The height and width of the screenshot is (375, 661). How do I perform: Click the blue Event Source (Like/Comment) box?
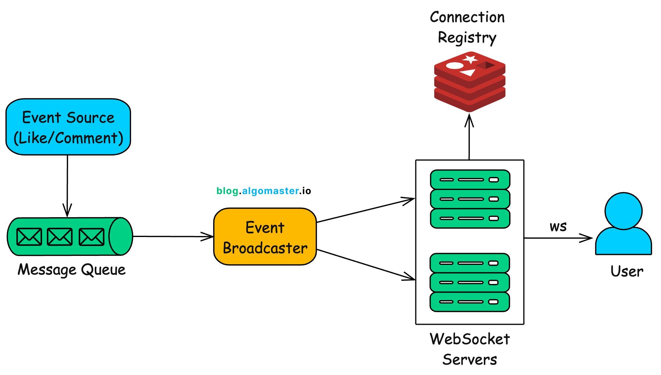coord(68,127)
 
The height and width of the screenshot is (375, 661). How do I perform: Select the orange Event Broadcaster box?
coord(265,237)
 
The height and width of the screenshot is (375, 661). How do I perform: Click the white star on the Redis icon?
coord(471,59)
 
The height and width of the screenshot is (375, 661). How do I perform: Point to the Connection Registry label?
coord(467,27)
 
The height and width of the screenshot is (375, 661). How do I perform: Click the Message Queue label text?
coord(72,270)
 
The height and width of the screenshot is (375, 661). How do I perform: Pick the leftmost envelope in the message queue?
coord(29,237)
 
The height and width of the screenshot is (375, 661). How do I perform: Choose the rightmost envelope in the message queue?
coord(91,237)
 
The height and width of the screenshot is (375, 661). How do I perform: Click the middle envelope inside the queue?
coord(60,237)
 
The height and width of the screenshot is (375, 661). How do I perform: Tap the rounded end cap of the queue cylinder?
coord(121,236)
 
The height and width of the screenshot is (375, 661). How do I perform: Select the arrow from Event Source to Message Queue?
coord(67,186)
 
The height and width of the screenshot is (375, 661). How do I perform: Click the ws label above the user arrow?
coord(558,227)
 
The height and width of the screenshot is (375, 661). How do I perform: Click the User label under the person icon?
coord(627,271)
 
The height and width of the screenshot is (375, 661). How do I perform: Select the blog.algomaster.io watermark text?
coord(264,191)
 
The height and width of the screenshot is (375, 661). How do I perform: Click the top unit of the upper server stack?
coord(470,179)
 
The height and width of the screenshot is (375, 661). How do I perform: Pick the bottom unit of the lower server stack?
coord(470,302)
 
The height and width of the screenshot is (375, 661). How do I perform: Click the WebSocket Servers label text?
coord(470,349)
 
